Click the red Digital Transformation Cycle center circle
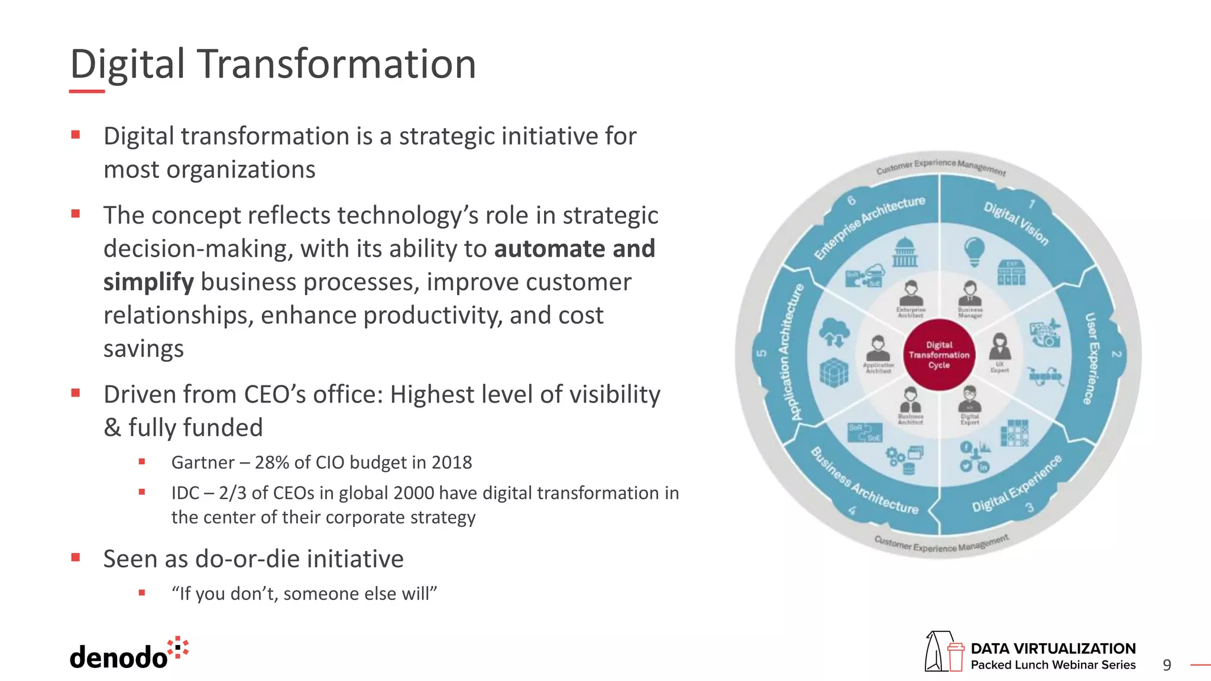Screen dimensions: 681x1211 tap(939, 355)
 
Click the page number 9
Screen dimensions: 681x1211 tap(1167, 665)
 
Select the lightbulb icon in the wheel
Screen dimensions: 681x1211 tap(974, 251)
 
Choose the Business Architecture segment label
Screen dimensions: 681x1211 tap(863, 481)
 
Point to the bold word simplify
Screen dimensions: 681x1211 tap(148, 282)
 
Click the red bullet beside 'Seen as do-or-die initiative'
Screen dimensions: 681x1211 tap(76, 557)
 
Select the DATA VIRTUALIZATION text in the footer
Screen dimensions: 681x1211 tap(1053, 648)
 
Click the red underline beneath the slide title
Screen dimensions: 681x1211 tap(86, 91)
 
